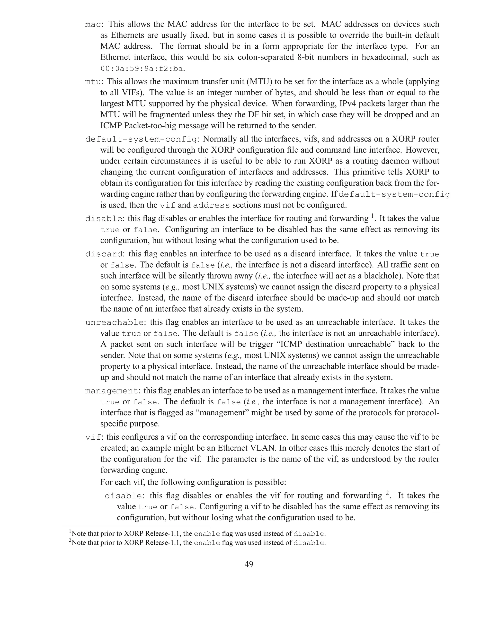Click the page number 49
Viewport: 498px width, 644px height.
(249, 564)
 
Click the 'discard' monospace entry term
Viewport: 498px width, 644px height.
(104, 254)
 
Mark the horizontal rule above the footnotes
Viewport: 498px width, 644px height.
(134, 527)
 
